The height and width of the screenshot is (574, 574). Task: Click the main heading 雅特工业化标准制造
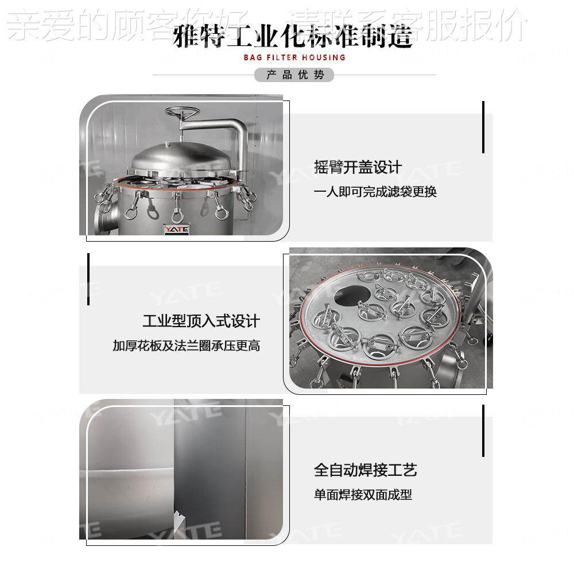pos(293,37)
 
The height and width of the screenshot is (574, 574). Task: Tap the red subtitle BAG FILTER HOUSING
pos(294,57)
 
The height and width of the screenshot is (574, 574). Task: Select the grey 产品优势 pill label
pos(293,75)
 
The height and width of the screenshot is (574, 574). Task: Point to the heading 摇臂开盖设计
pos(358,167)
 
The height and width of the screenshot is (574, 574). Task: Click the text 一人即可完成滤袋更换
pos(375,192)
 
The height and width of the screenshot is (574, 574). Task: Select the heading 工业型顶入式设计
pos(201,320)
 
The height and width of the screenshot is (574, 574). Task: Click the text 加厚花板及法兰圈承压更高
pos(186,346)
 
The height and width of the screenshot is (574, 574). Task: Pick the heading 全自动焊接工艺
pos(365,470)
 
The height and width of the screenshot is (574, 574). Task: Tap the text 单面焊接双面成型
pos(363,494)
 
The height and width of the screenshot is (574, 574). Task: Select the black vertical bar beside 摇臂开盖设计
pos(483,127)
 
